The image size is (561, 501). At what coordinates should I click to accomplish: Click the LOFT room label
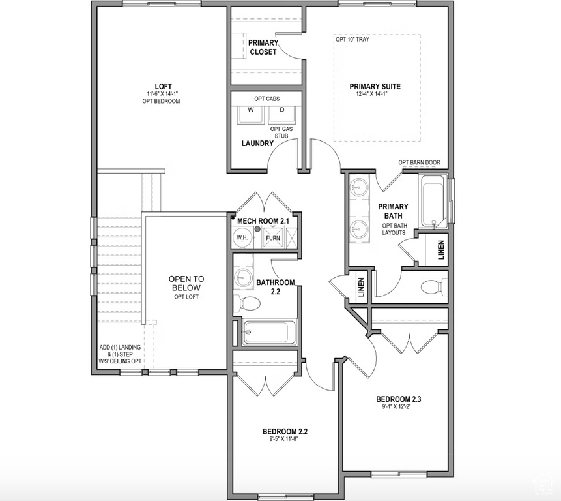(x=163, y=86)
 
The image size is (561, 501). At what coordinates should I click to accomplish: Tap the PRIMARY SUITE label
(x=375, y=86)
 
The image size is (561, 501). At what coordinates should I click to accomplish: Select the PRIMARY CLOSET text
(x=263, y=47)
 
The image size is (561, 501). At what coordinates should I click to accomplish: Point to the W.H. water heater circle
(x=242, y=238)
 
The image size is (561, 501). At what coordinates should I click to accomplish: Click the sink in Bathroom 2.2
(x=243, y=277)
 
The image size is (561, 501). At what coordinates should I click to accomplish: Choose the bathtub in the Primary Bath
(x=431, y=199)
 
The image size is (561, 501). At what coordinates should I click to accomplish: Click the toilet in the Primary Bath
(x=432, y=286)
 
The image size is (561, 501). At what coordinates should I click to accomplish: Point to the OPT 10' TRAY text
(x=352, y=39)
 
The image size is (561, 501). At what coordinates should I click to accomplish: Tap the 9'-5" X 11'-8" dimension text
(x=285, y=439)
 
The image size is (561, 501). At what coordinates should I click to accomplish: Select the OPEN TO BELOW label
(x=186, y=282)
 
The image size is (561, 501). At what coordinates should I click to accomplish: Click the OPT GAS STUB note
(x=281, y=132)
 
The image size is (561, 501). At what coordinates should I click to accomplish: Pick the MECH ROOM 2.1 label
(x=263, y=222)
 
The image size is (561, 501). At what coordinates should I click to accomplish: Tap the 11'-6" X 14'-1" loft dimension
(x=163, y=95)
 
